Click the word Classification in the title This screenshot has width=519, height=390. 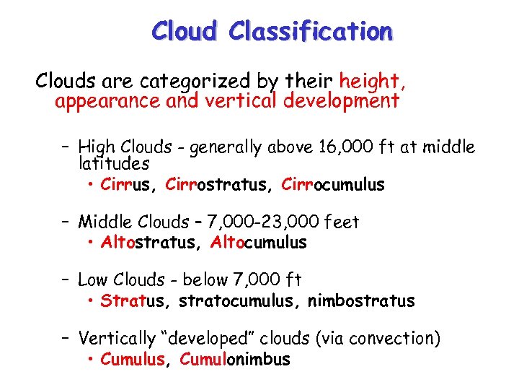(x=310, y=31)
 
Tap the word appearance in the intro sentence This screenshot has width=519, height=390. (x=107, y=100)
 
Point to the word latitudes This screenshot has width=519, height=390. (x=114, y=165)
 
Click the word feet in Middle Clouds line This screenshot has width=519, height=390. (x=342, y=222)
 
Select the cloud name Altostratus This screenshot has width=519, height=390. (x=148, y=243)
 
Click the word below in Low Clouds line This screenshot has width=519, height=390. (x=207, y=279)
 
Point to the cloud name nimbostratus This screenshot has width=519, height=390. (x=361, y=300)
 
